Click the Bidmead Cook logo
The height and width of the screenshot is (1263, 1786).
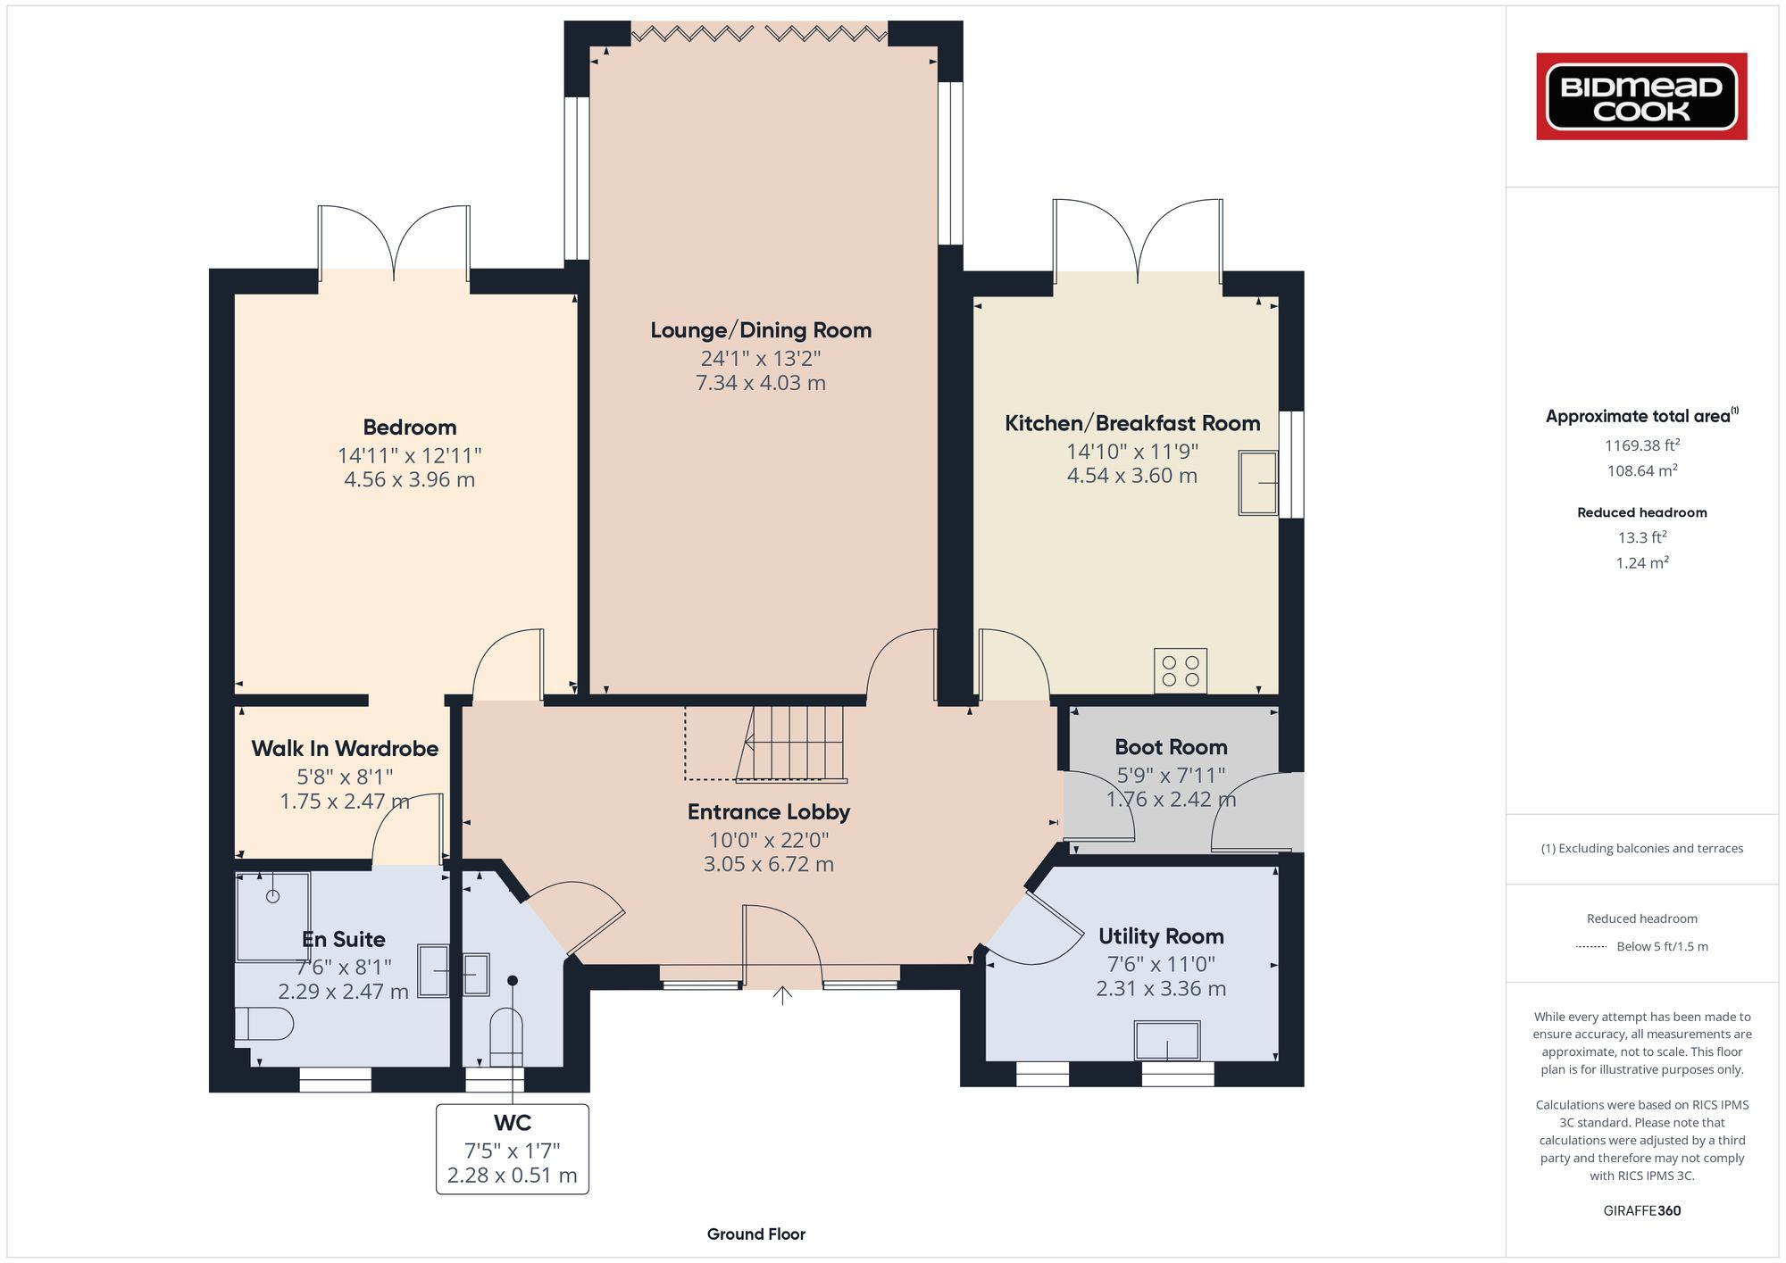[1641, 96]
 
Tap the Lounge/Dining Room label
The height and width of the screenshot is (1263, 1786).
[761, 330]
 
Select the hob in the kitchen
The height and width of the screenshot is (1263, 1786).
[1180, 670]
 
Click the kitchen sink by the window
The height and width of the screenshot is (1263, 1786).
[1257, 483]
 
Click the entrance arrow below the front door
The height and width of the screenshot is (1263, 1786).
[782, 994]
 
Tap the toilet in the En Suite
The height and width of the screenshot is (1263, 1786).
[265, 1024]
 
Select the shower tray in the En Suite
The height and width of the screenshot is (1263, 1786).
[272, 916]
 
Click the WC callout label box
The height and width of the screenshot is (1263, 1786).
[512, 1149]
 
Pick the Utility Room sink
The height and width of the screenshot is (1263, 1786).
[1167, 1041]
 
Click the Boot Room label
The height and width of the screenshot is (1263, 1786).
[1171, 747]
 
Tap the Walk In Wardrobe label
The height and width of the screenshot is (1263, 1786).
[345, 749]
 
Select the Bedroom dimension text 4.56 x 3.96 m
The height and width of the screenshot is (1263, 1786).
[409, 479]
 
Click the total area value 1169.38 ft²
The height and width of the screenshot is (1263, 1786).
[1641, 445]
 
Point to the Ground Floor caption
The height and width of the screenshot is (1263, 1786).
[755, 1234]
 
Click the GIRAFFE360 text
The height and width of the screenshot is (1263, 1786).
[1641, 1211]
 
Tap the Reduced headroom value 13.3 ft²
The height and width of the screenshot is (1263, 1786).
[1641, 537]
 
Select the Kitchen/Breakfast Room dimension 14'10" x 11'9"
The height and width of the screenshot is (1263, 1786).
[1131, 452]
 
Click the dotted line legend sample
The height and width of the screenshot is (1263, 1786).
[1591, 947]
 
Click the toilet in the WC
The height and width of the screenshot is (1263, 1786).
[506, 1035]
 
